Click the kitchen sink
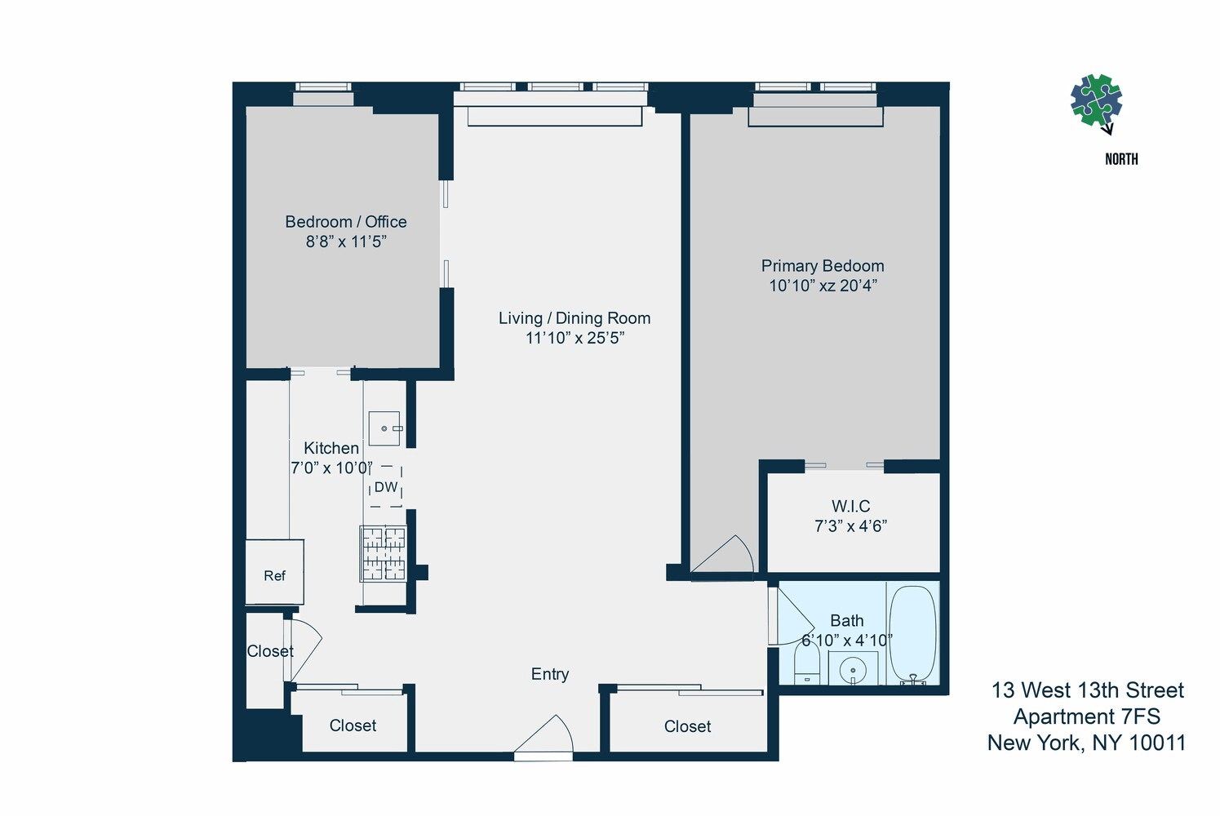pyautogui.click(x=384, y=428)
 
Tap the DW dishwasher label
pyautogui.click(x=386, y=487)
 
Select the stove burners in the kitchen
pyautogui.click(x=384, y=553)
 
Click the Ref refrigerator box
pyautogui.click(x=274, y=571)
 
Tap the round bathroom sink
pyautogui.click(x=853, y=670)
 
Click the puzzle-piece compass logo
pyautogui.click(x=1096, y=101)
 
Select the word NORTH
pyautogui.click(x=1121, y=159)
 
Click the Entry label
pyautogui.click(x=549, y=674)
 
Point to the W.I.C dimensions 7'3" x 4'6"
pyautogui.click(x=850, y=526)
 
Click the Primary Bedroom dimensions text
pyautogui.click(x=823, y=286)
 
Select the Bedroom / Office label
pyautogui.click(x=346, y=222)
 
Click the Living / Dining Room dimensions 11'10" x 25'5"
pyautogui.click(x=575, y=338)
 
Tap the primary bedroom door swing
pyautogui.click(x=723, y=553)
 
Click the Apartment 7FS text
pyautogui.click(x=1086, y=716)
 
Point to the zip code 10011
pyautogui.click(x=1158, y=743)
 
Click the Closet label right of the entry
pyautogui.click(x=687, y=726)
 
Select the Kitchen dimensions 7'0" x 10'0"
pyautogui.click(x=331, y=468)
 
